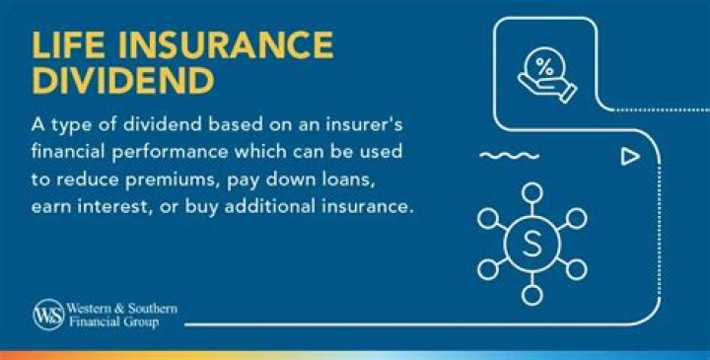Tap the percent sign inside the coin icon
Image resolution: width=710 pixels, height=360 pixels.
coord(544,68)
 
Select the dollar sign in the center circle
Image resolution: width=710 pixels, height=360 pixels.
coord(532,243)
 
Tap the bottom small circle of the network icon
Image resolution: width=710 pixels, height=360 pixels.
coord(532,294)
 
